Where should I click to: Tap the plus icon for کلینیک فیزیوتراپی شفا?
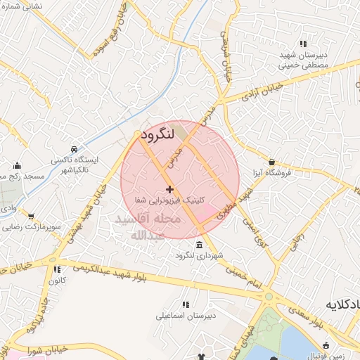(169, 189)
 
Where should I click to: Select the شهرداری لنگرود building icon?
(199, 245)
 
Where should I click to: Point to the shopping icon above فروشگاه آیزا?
(271, 162)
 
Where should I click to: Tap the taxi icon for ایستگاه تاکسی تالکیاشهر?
(75, 149)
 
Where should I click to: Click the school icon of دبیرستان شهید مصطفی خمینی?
(302, 44)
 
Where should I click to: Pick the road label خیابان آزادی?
(261, 91)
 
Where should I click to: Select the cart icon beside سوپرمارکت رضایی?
(30, 217)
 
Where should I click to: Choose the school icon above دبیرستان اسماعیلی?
(186, 304)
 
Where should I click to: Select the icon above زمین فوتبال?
(326, 345)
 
